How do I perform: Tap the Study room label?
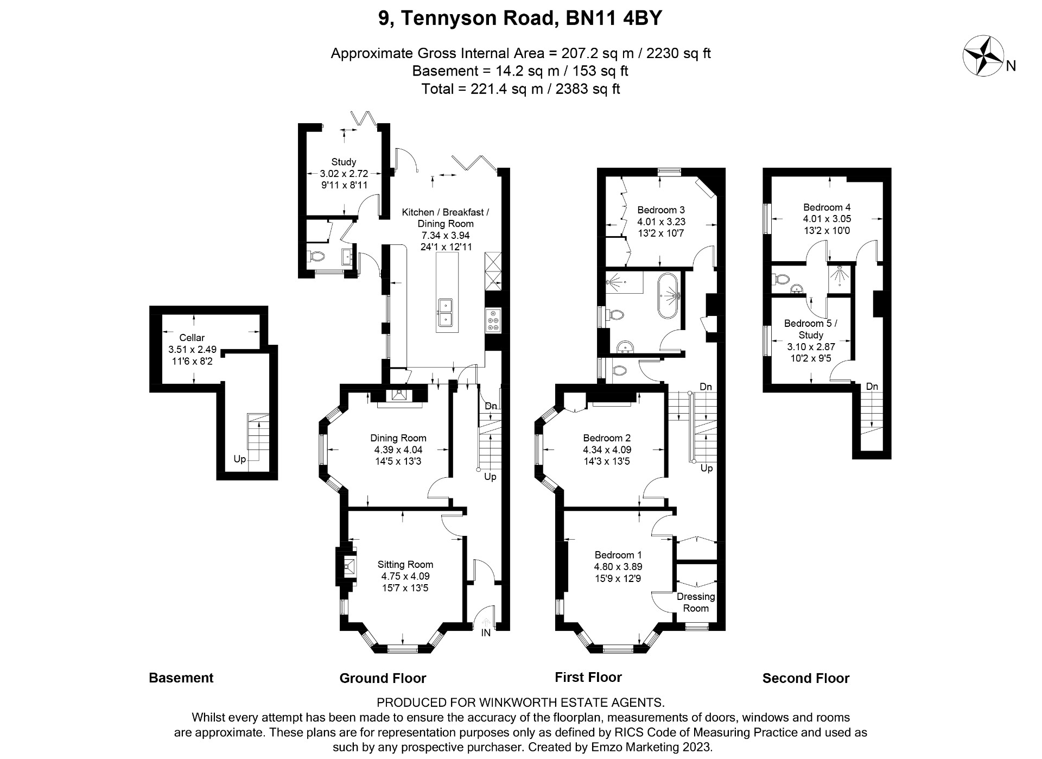344,162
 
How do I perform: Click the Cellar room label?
192,338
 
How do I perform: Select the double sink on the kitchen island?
446,313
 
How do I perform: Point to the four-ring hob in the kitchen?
494,320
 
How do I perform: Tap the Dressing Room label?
696,602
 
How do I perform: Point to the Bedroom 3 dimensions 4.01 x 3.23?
661,222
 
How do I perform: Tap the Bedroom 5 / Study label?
811,329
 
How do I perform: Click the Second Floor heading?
805,678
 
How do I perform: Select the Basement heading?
181,678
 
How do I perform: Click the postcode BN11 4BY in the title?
614,18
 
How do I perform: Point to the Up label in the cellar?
239,459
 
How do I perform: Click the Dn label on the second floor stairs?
872,387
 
